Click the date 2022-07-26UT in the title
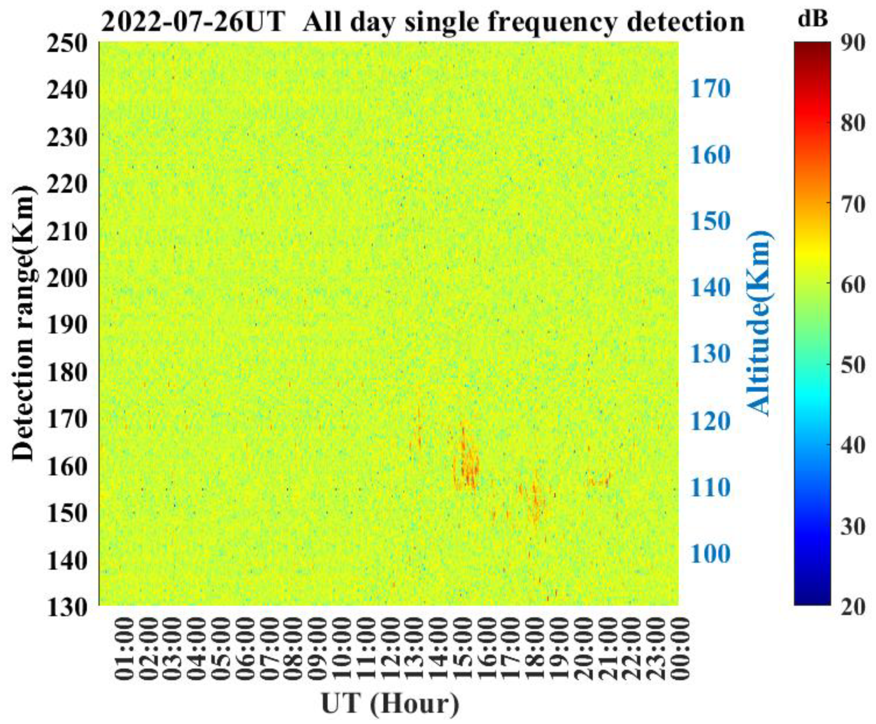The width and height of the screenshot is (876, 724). click(x=194, y=22)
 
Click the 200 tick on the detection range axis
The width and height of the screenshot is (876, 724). click(x=67, y=278)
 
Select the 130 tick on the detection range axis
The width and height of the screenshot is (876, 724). click(x=67, y=607)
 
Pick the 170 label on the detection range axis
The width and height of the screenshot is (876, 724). click(x=67, y=419)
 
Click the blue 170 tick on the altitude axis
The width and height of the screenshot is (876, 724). click(x=710, y=88)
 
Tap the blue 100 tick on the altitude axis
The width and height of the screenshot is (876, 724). click(x=710, y=554)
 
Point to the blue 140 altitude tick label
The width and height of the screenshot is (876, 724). click(x=710, y=288)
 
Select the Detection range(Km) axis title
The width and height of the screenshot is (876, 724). click(x=22, y=323)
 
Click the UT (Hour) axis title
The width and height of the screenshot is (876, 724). click(x=390, y=704)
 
